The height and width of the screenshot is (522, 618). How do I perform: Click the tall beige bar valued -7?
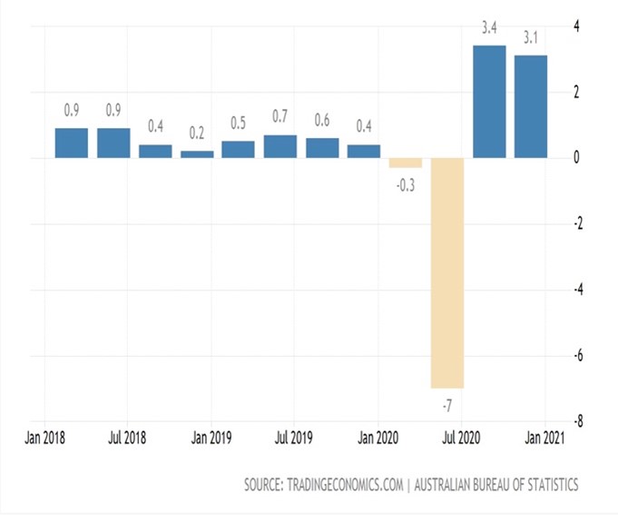click(x=447, y=272)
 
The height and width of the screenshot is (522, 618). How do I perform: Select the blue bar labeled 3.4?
click(x=489, y=102)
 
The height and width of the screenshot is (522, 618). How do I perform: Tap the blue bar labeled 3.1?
click(x=531, y=107)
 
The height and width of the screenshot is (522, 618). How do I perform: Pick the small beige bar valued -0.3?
click(x=406, y=163)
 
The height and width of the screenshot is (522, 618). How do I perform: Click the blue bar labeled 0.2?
click(x=197, y=154)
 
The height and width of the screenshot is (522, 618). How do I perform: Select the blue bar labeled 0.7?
click(x=280, y=147)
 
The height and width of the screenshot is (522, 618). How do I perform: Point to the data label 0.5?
click(x=239, y=123)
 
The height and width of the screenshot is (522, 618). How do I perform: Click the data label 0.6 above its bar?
click(x=322, y=120)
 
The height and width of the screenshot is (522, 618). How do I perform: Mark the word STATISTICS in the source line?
click(x=550, y=485)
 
